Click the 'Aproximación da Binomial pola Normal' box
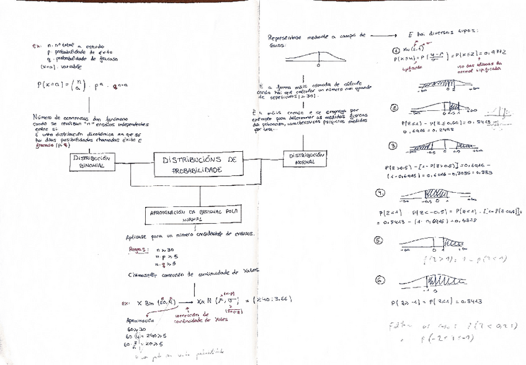(x=194, y=214)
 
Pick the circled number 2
(x=394, y=107)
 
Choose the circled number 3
(x=392, y=146)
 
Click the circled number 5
(x=380, y=240)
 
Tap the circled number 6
(x=380, y=279)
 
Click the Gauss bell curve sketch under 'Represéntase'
(x=318, y=58)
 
